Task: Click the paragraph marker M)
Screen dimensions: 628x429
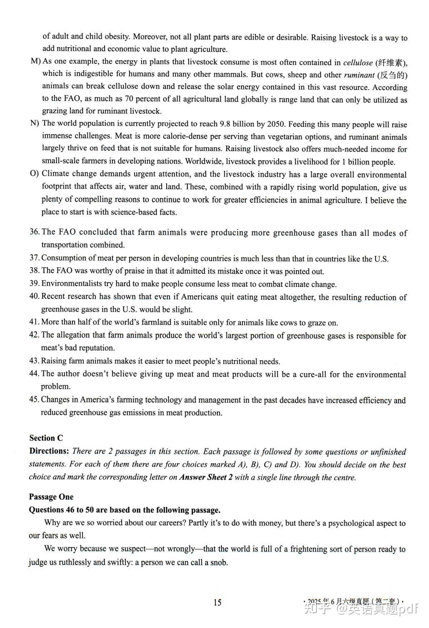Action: pyautogui.click(x=35, y=61)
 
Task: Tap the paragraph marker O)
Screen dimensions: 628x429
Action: pyautogui.click(x=35, y=174)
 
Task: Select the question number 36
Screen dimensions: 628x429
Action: pyautogui.click(x=34, y=232)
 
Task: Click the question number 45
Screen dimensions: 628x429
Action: pyautogui.click(x=34, y=400)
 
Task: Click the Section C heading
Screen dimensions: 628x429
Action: pyautogui.click(x=46, y=438)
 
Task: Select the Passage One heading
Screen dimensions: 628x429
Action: pyautogui.click(x=51, y=497)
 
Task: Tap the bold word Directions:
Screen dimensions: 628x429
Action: pyautogui.click(x=49, y=451)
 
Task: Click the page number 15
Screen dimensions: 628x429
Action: pyautogui.click(x=217, y=602)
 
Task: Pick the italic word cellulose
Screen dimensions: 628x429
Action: pyautogui.click(x=358, y=63)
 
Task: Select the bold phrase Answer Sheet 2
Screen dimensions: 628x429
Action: pyautogui.click(x=206, y=477)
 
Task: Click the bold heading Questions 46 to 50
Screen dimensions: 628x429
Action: pyautogui.click(x=125, y=510)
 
